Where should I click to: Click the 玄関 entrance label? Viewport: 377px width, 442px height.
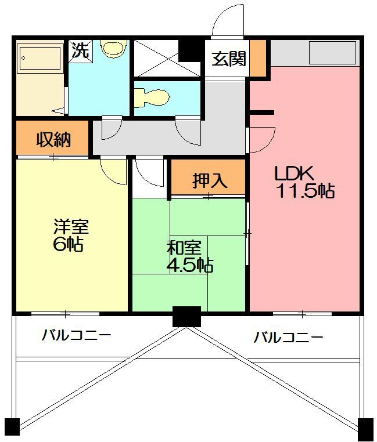[228, 59]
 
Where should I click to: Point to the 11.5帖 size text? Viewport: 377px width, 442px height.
[304, 191]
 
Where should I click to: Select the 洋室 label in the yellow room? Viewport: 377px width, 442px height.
[71, 226]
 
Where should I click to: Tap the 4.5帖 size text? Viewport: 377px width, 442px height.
[190, 266]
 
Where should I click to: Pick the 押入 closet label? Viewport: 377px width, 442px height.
[209, 181]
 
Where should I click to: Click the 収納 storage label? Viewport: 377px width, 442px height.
[53, 139]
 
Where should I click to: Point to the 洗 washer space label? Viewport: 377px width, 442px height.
[81, 50]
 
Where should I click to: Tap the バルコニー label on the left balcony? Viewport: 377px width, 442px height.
[76, 335]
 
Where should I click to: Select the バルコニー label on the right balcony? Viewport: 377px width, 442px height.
[288, 337]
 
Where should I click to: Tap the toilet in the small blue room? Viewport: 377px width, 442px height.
[150, 97]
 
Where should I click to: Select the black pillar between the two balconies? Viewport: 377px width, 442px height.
[186, 316]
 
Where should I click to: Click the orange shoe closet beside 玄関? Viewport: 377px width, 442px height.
[258, 58]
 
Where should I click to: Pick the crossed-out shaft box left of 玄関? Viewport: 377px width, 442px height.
[156, 57]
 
